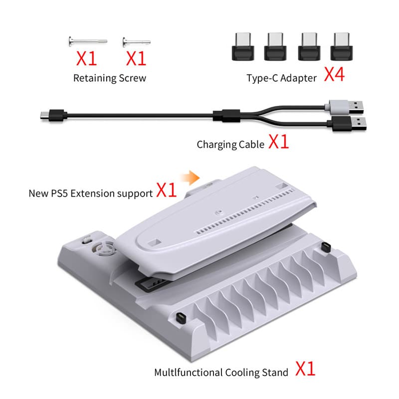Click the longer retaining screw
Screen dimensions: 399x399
coord(88,41)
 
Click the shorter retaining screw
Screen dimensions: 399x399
coord(136,42)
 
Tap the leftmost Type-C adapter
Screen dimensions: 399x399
coord(243,46)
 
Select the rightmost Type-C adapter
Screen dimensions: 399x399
coord(342,46)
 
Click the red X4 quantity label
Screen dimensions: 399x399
coord(334,74)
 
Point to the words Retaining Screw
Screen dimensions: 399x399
coord(110,78)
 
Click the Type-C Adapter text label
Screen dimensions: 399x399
coord(281,78)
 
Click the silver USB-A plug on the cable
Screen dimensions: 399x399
coord(346,107)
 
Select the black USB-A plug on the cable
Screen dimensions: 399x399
coord(349,124)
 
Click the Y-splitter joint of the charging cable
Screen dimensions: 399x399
coord(226,116)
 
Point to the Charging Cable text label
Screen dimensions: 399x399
coord(230,145)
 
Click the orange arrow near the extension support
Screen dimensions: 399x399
coord(191,178)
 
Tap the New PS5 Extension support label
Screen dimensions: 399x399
coord(91,194)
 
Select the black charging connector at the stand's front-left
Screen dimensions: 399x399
coord(181,318)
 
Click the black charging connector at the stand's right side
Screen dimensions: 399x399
coord(326,247)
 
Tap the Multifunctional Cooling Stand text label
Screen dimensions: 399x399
coord(221,373)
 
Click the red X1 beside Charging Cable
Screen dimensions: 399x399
coord(279,142)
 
